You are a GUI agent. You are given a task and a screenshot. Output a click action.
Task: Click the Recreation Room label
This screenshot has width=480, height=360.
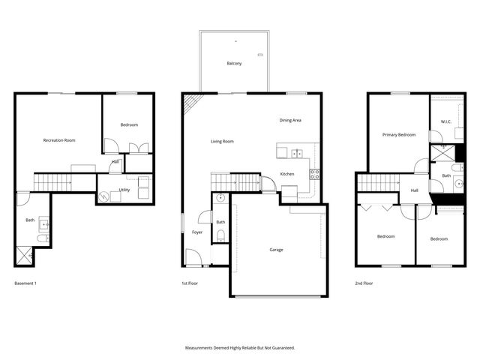[x=58, y=140]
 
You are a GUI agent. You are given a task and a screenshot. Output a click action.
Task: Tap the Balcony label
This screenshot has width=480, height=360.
[x=234, y=64]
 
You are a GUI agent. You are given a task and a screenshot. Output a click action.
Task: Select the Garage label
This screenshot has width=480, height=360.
[x=277, y=250]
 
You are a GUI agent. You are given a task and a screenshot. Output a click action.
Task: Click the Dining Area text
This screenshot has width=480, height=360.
[x=290, y=120]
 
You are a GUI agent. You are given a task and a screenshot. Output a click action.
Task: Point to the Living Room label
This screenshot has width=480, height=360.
[x=222, y=141]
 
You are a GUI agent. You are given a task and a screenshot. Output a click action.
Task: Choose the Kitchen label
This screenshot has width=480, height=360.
[x=287, y=174]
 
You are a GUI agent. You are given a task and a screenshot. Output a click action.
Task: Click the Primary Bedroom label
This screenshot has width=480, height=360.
[x=398, y=135]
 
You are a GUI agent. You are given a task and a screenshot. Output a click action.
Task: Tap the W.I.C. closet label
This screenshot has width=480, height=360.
[x=445, y=121]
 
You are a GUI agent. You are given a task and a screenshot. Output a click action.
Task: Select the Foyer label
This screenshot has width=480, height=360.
[x=197, y=232]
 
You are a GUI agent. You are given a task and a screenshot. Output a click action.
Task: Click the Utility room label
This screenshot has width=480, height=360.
[x=124, y=190]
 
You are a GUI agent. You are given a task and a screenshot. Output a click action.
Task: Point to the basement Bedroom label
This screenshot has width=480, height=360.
[x=129, y=124]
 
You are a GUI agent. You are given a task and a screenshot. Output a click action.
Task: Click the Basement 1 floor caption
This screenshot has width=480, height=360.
[x=25, y=283]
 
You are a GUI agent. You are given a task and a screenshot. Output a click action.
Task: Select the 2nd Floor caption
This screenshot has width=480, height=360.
[x=364, y=283]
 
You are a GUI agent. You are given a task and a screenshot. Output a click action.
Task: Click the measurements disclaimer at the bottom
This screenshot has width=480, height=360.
[x=240, y=348]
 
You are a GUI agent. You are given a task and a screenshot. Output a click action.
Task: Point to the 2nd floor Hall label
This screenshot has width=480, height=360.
[x=414, y=190]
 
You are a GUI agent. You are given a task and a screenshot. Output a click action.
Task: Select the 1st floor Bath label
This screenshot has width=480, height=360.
[x=220, y=222]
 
